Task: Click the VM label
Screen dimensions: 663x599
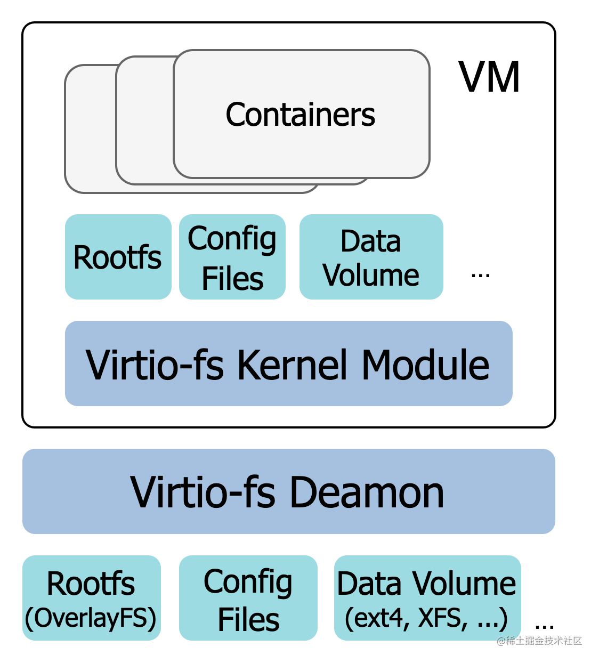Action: [x=489, y=77]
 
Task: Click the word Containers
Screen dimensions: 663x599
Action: [x=300, y=115]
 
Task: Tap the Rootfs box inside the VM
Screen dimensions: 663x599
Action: [x=118, y=257]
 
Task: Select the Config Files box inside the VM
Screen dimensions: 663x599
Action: [x=232, y=257]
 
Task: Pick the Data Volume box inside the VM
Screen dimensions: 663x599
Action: [x=371, y=257]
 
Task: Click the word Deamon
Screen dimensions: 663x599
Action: [x=367, y=492]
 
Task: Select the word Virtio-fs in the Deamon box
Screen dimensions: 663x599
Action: [x=203, y=492]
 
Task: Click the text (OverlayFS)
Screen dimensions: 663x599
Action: [x=91, y=618]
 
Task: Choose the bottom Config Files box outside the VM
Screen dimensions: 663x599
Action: [x=248, y=599]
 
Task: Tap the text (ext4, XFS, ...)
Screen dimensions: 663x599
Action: [x=426, y=618]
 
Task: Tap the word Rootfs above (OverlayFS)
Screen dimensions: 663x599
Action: [x=91, y=584]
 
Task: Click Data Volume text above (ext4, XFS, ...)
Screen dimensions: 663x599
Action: [x=426, y=584]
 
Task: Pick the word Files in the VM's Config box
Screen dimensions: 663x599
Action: [x=232, y=279]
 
